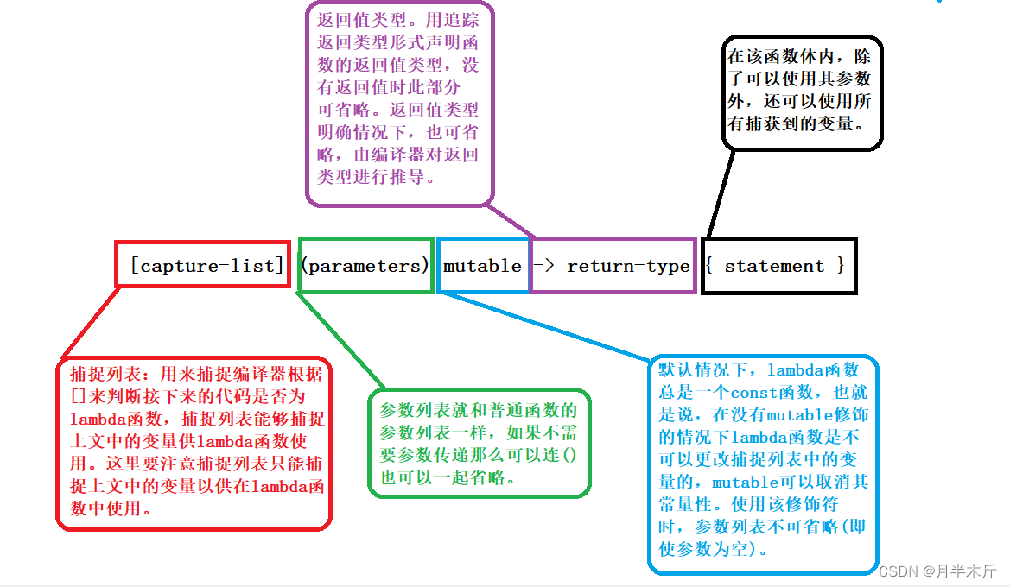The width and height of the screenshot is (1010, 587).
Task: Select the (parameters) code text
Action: click(x=365, y=266)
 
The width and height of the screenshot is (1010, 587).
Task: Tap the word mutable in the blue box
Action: click(x=482, y=266)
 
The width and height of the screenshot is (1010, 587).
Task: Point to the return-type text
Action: click(x=628, y=266)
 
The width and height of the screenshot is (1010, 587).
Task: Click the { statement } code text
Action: click(x=775, y=266)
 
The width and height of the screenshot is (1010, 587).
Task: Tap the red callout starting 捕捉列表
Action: click(x=194, y=442)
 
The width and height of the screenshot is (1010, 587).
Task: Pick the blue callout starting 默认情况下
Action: click(x=762, y=464)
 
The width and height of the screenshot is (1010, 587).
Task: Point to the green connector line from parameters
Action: click(x=340, y=341)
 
